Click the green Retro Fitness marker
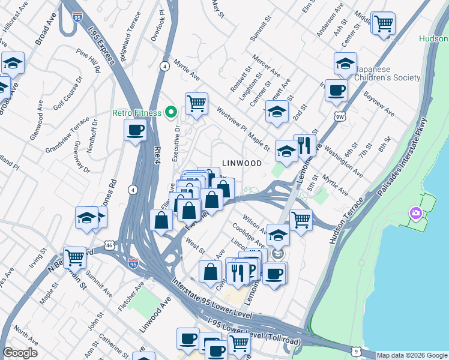point(171,112)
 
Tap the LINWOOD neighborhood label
point(242,163)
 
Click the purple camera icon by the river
point(415,213)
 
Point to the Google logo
point(20,353)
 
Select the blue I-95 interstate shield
point(133,263)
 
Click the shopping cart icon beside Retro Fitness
point(196,103)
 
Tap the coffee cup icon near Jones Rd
point(135,130)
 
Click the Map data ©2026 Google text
point(412,355)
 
